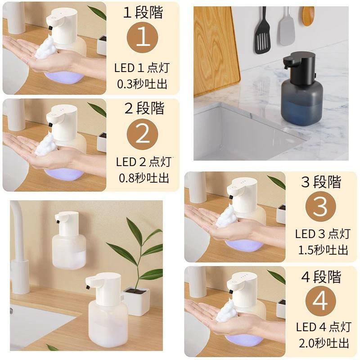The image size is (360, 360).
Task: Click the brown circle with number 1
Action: coord(143,37)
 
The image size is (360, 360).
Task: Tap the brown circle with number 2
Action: coord(143,134)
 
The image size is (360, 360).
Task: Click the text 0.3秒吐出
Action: coord(142,84)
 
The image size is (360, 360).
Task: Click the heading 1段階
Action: coord(143,12)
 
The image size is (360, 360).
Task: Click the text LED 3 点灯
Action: coord(322,234)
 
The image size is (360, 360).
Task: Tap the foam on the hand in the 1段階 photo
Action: coord(45,48)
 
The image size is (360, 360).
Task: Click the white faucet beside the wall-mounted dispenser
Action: coord(19,243)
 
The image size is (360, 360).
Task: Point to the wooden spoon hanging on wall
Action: coord(308,16)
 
